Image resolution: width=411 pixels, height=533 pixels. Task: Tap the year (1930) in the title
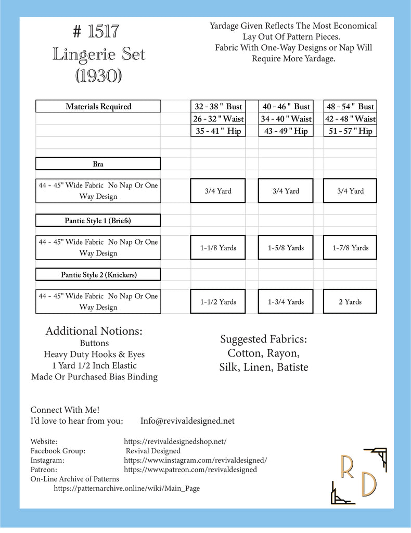(98, 75)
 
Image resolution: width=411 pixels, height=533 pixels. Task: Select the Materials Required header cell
(98, 106)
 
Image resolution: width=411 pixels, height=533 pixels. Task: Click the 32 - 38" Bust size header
(219, 106)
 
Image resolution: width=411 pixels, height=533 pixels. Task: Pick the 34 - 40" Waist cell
(286, 119)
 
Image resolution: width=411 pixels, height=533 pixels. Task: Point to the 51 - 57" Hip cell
(350, 131)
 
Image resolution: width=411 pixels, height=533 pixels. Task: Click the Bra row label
(98, 164)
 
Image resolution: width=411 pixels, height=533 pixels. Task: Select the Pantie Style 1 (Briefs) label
(98, 221)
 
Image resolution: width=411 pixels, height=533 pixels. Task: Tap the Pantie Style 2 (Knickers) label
(98, 274)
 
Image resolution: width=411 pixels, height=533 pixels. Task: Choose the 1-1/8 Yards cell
(219, 248)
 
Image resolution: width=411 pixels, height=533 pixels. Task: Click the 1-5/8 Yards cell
(286, 248)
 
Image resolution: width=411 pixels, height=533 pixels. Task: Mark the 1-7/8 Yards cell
(350, 248)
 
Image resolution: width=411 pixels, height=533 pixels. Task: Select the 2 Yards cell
(350, 302)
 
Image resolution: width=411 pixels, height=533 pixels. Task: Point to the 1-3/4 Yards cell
(286, 302)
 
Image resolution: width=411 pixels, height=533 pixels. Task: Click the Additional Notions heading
(94, 331)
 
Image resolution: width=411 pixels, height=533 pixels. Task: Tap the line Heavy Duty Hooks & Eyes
(94, 354)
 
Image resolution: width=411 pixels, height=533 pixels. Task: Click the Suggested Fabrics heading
(264, 340)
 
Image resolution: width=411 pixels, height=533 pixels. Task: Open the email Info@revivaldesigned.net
(187, 421)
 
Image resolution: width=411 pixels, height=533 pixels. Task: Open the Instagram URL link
(196, 460)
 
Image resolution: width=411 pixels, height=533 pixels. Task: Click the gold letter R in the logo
(347, 467)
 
